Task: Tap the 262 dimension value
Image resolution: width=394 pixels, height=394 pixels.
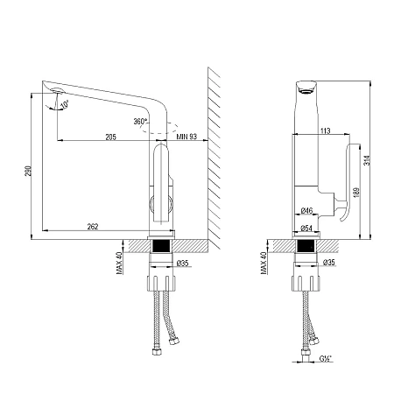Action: click(x=94, y=228)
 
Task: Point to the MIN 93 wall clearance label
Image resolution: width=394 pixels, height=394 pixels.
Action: click(x=186, y=137)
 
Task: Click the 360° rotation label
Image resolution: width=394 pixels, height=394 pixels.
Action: click(x=139, y=122)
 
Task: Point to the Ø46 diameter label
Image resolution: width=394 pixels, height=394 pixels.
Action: click(x=306, y=211)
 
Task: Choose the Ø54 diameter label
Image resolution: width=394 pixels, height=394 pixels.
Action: click(x=306, y=228)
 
